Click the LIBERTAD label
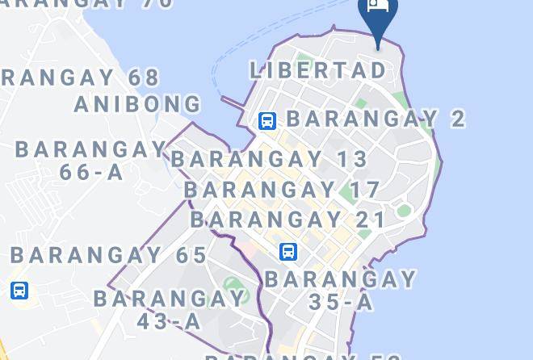click(x=318, y=70)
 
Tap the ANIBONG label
click(x=138, y=104)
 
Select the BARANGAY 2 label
click(x=376, y=119)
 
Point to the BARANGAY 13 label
click(x=270, y=159)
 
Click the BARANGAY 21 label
click(x=288, y=220)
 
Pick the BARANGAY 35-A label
click(x=341, y=291)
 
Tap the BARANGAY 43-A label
click(x=170, y=309)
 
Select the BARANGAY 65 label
click(x=109, y=255)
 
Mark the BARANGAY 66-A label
click(x=90, y=161)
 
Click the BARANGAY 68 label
click(x=81, y=78)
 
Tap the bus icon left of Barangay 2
click(x=266, y=121)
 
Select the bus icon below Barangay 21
click(x=288, y=252)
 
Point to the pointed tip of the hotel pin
click(x=378, y=48)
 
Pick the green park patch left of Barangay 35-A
click(x=233, y=284)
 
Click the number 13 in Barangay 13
click(x=353, y=159)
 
